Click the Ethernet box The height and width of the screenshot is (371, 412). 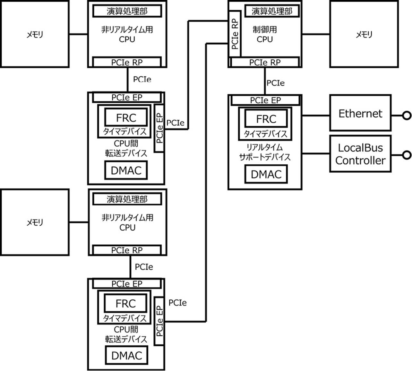[x=360, y=113]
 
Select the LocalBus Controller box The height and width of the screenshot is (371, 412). [x=360, y=154]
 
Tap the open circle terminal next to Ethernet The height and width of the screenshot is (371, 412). [x=407, y=116]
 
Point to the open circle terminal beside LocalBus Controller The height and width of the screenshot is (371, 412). [x=407, y=155]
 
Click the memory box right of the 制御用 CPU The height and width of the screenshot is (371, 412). [x=364, y=34]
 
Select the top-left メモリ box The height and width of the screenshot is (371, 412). [x=35, y=34]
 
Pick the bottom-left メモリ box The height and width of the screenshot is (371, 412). [x=35, y=222]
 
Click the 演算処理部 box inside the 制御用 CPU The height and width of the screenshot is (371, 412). [x=271, y=11]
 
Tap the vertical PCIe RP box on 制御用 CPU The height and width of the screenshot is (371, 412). [x=235, y=33]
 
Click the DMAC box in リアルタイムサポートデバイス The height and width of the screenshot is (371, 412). [x=266, y=174]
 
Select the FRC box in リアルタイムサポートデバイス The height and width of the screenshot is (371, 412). [x=266, y=119]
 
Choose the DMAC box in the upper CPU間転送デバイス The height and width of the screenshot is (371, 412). [x=126, y=170]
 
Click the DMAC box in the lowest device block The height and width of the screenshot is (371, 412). [x=126, y=356]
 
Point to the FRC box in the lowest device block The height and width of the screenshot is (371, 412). [x=125, y=303]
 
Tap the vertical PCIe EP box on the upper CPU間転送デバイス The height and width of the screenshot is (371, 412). [x=159, y=128]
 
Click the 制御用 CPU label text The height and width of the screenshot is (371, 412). [x=265, y=34]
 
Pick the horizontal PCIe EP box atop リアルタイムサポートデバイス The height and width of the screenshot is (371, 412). [x=265, y=100]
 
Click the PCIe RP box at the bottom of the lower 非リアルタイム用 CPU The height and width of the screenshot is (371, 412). [x=127, y=250]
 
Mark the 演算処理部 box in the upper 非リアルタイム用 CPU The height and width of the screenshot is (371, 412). [x=127, y=11]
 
